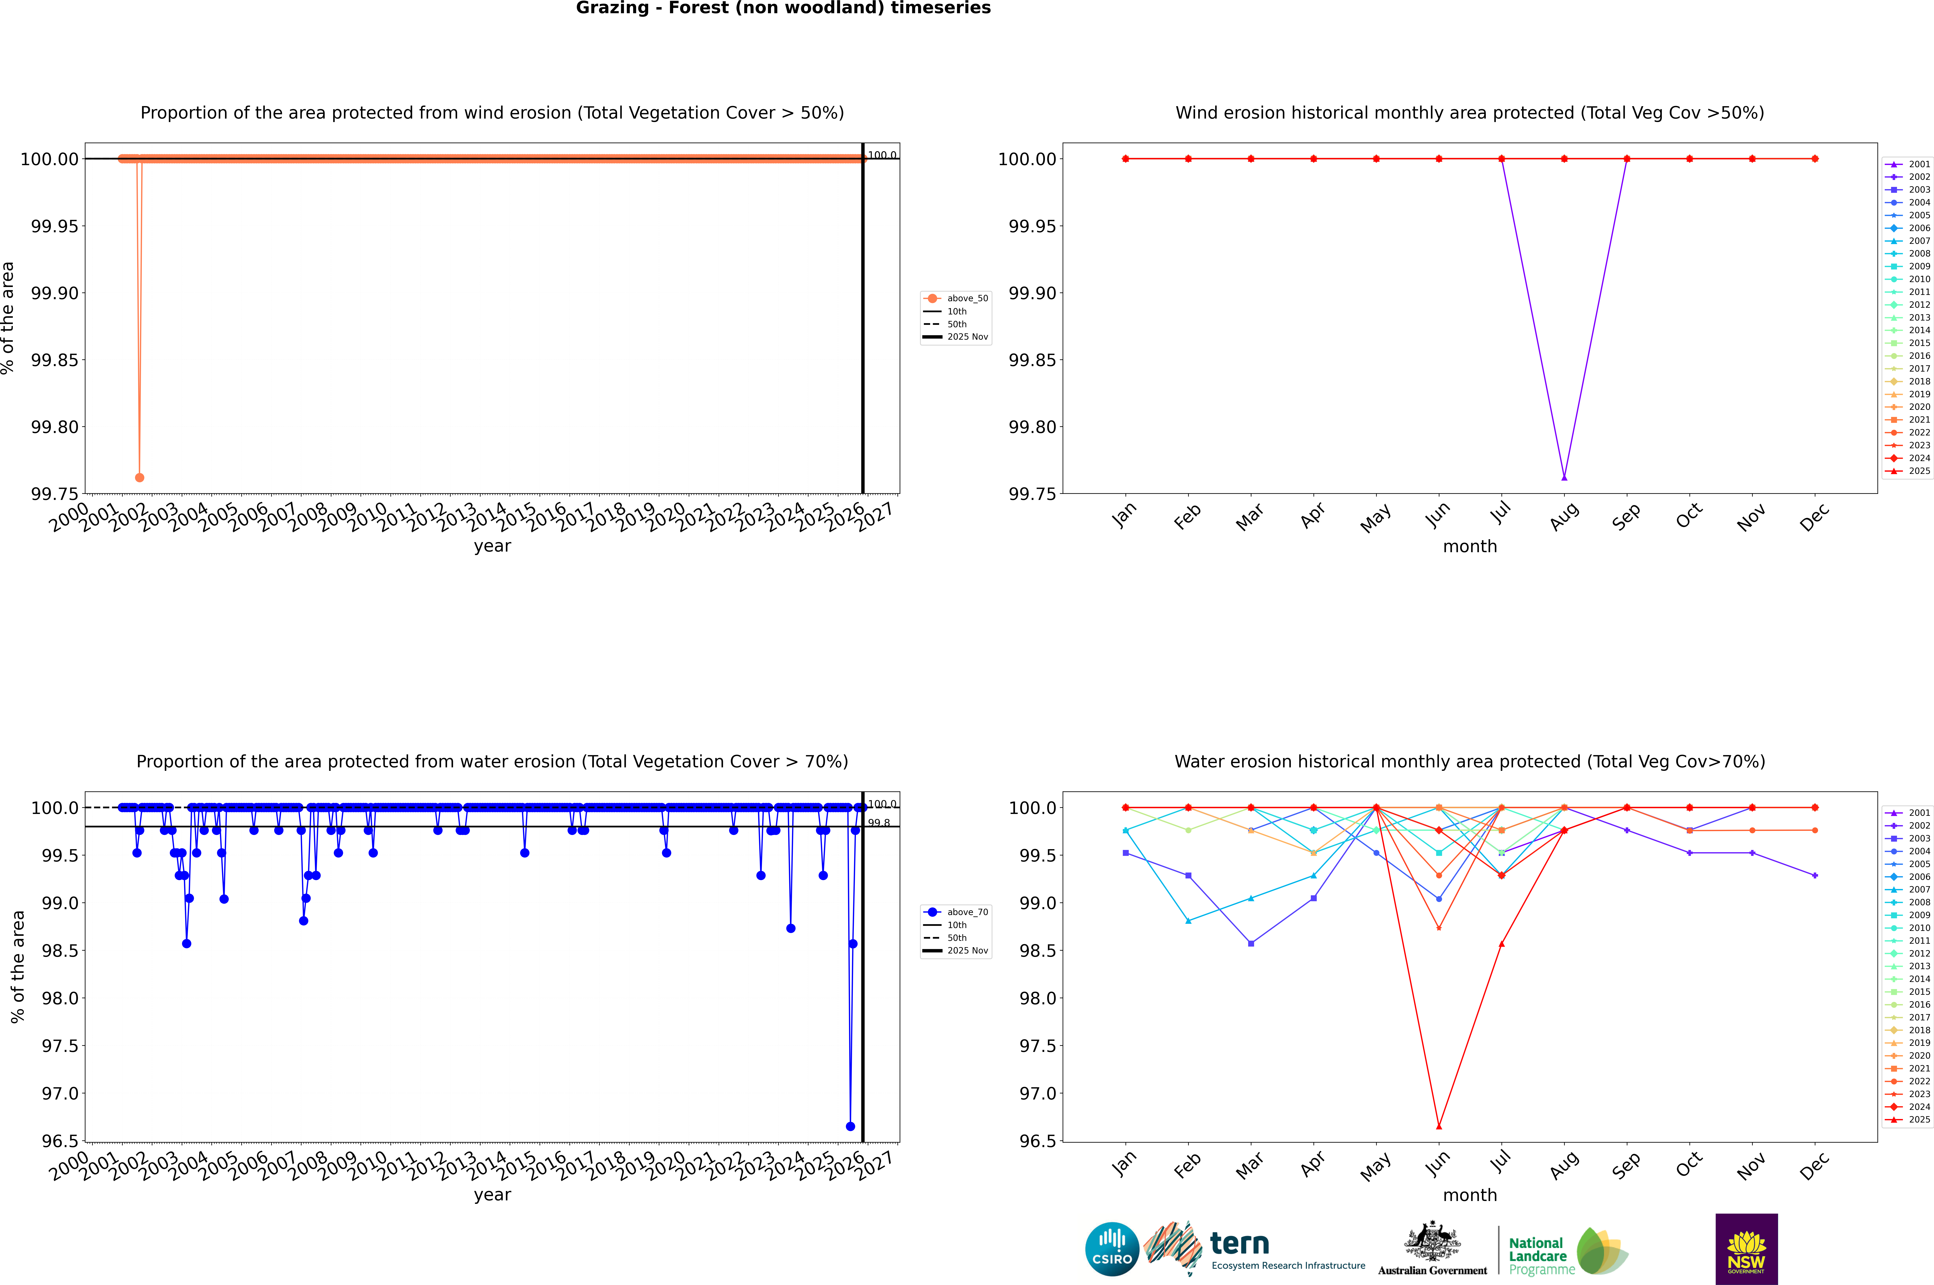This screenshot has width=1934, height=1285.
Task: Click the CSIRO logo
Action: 1112,1249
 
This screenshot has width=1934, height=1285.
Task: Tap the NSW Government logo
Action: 1746,1249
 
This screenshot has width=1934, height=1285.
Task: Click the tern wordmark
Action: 1240,1244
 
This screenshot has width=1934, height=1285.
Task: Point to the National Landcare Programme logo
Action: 1568,1251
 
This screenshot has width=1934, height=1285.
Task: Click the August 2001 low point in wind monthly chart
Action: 1564,477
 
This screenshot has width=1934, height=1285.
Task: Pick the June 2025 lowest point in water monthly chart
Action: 1439,1126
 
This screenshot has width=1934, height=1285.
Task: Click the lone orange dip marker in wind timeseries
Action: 139,477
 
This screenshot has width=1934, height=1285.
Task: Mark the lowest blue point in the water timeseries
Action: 850,1126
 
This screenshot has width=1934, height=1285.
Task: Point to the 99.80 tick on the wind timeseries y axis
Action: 55,427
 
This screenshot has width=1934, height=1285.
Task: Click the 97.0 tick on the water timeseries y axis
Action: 61,1093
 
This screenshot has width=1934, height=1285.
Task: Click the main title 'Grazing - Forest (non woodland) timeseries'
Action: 783,8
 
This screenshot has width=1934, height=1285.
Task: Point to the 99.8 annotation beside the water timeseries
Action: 879,823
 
